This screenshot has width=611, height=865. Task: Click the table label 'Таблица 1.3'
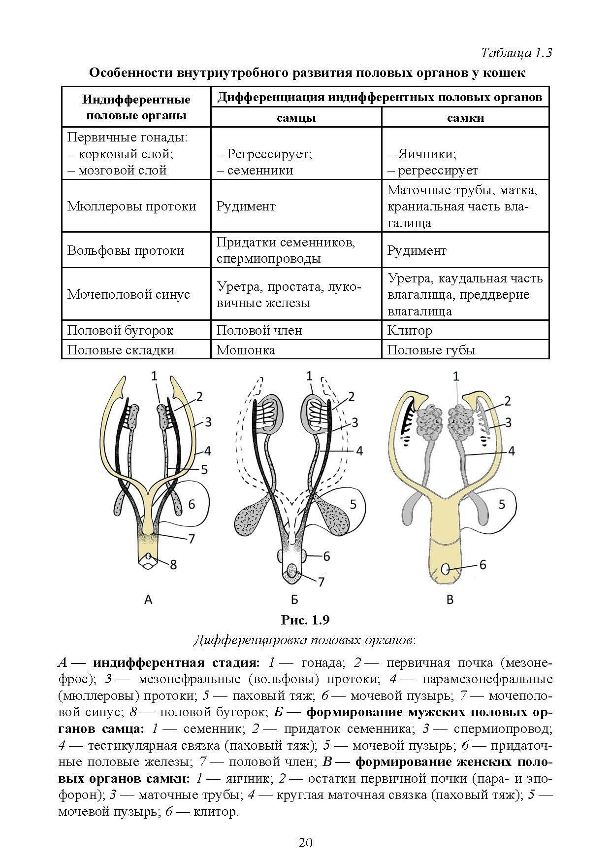coord(516,53)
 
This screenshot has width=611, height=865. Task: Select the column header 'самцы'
coord(296,118)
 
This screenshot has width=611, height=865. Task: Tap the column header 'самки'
coord(465,118)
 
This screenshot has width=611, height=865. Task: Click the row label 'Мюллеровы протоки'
coord(132,206)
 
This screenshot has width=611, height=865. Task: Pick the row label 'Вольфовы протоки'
coord(126,250)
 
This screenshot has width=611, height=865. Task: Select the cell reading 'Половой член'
coord(259,330)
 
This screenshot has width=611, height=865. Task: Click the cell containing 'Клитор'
coord(410,330)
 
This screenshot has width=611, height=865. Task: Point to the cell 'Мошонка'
coord(246,350)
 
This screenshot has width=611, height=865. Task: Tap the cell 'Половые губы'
coord(431,350)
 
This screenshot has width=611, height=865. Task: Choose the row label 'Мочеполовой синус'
coord(129,295)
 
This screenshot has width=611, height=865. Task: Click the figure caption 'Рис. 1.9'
coord(305,619)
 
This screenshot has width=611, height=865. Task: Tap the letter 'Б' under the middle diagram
coord(294,599)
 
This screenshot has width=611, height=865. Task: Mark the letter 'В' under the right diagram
coord(449,599)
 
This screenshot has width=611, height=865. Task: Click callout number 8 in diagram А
coord(173,565)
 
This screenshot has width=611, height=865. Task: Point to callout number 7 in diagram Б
coord(321,582)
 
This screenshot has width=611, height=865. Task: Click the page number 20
coord(305,842)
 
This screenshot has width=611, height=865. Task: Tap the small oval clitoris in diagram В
coord(446,569)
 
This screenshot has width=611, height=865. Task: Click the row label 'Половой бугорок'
coord(120,330)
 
